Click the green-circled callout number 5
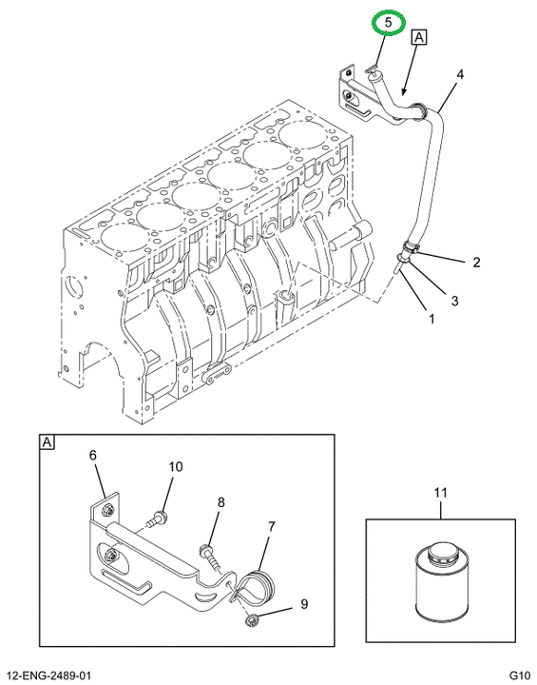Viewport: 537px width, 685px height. tap(388, 22)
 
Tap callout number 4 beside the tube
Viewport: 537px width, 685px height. tap(460, 75)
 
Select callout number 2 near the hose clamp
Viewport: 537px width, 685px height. tap(476, 263)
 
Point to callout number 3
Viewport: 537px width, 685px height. tap(454, 301)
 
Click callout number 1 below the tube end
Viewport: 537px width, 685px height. tap(432, 319)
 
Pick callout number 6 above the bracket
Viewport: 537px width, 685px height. tap(92, 455)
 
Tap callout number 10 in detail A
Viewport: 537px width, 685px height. tap(176, 467)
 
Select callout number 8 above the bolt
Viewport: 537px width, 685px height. tap(221, 502)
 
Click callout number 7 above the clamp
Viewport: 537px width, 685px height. tap(271, 527)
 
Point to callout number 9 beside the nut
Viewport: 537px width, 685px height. tap(304, 604)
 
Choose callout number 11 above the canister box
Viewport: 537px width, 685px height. tap(440, 493)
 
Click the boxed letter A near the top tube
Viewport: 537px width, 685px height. tap(419, 37)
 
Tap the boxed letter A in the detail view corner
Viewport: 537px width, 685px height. tap(47, 442)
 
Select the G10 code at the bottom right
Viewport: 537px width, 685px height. tap(520, 675)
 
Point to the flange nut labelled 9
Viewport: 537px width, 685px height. tap(251, 620)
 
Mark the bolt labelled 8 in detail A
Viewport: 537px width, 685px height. tap(209, 556)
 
